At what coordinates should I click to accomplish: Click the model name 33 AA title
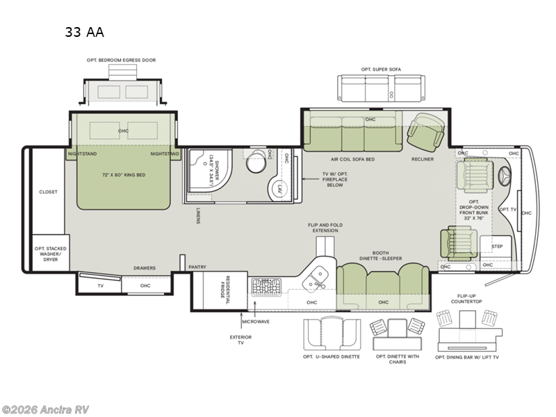click(x=85, y=32)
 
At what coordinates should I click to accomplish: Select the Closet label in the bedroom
click(x=48, y=192)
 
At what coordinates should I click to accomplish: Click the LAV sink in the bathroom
click(x=279, y=188)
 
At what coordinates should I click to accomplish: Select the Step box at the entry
click(x=496, y=247)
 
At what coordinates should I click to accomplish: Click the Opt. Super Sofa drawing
click(x=381, y=88)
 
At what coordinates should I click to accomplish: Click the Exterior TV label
click(x=241, y=340)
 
